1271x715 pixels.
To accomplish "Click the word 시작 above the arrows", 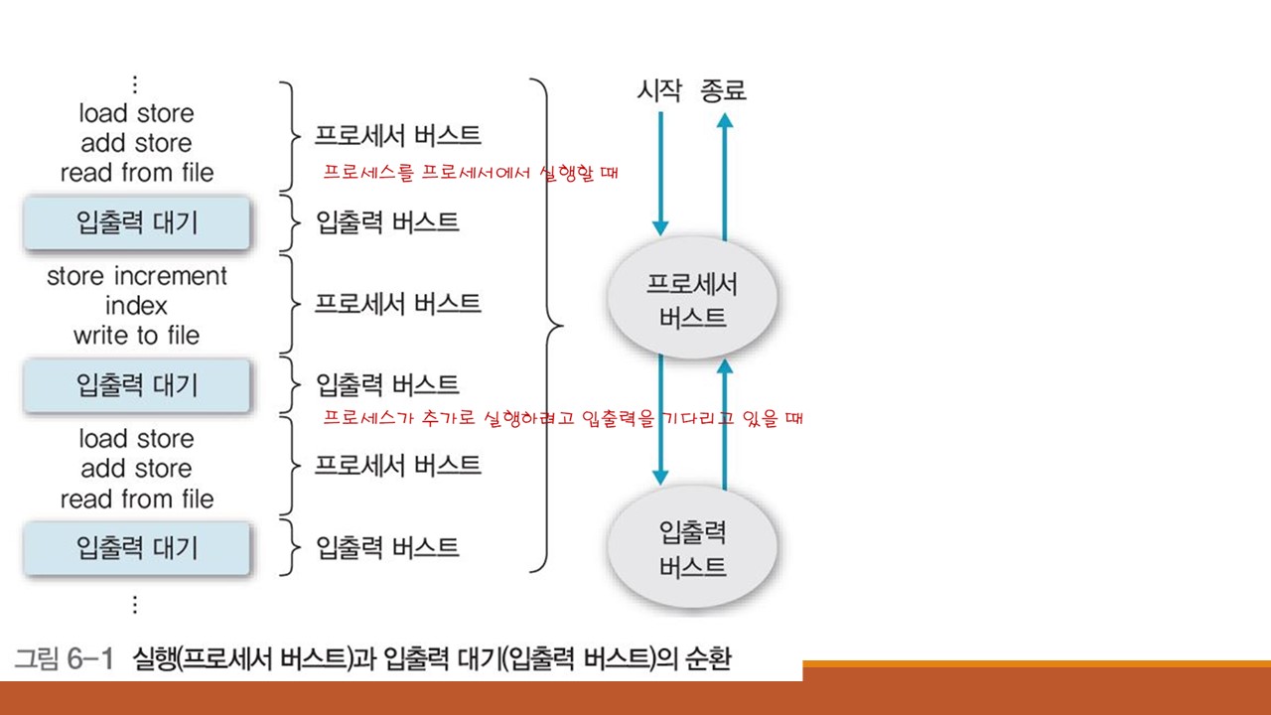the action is pyautogui.click(x=659, y=91).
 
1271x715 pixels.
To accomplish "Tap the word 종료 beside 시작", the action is pyautogui.click(x=723, y=91).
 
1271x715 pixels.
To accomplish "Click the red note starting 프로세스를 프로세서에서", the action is pyautogui.click(x=471, y=173).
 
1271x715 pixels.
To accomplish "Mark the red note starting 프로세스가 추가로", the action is pyautogui.click(x=563, y=418).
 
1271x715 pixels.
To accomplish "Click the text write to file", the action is pyautogui.click(x=136, y=336).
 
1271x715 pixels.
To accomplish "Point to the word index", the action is pyautogui.click(x=136, y=306).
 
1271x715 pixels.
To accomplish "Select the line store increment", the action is pyautogui.click(x=137, y=276).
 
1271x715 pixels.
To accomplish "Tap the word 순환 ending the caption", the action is pyautogui.click(x=707, y=658).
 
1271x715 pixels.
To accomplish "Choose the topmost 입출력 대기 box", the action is pyautogui.click(x=137, y=222).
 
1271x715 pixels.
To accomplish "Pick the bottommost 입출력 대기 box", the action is pyautogui.click(x=137, y=547).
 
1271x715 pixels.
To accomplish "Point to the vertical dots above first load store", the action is pyautogui.click(x=136, y=84).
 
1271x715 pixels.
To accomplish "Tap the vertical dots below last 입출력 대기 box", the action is pyautogui.click(x=136, y=604).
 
